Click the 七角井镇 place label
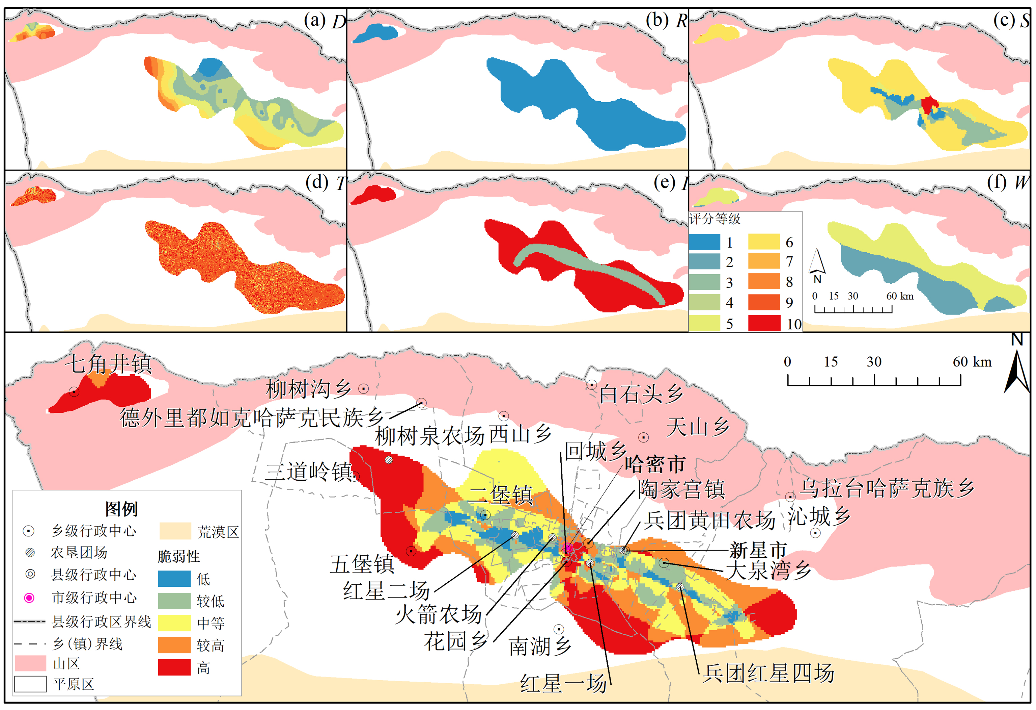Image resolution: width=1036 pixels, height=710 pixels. (109, 364)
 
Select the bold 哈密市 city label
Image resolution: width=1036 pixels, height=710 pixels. (654, 464)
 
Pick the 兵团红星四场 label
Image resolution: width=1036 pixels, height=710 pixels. (768, 673)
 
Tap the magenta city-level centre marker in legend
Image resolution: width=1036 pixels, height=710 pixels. (29, 598)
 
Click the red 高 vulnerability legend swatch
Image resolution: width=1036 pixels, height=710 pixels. (174, 667)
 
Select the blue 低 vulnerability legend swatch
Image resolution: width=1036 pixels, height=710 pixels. (174, 579)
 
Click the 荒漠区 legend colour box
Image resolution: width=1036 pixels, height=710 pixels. (175, 531)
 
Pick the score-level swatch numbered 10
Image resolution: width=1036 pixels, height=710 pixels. (764, 323)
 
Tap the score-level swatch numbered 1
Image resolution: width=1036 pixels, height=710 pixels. (704, 242)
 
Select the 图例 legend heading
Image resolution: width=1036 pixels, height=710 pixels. (121, 508)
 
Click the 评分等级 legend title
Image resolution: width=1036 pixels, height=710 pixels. (715, 219)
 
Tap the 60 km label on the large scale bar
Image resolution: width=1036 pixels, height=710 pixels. (972, 361)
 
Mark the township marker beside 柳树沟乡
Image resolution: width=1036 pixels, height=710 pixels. (364, 389)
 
